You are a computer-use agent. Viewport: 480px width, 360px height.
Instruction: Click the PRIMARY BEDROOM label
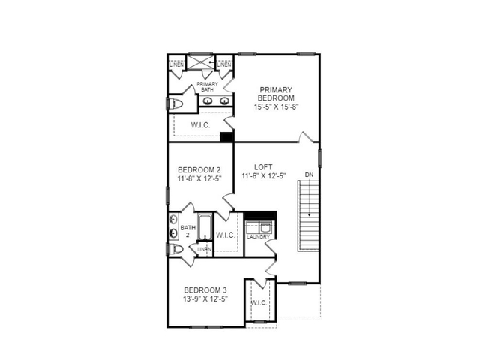tap(276, 92)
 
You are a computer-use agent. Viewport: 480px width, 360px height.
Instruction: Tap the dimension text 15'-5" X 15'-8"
tap(276, 106)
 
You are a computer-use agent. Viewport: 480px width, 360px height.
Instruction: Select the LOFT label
tap(263, 167)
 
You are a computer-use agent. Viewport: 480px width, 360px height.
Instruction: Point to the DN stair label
tap(309, 175)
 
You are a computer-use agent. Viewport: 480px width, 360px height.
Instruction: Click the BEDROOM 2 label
tap(199, 169)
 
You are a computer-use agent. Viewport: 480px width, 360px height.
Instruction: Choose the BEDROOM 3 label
tap(205, 289)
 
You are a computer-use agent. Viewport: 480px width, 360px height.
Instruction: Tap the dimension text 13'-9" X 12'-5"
tap(205, 298)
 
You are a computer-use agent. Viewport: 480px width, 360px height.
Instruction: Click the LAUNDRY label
tap(259, 237)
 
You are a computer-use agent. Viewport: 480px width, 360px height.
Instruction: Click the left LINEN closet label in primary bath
tap(176, 64)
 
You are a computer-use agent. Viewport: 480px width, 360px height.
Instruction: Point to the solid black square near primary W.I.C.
tap(226, 136)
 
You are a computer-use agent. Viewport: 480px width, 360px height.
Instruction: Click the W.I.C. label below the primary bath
tap(200, 124)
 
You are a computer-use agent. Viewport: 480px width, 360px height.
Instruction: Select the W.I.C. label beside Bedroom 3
tap(259, 302)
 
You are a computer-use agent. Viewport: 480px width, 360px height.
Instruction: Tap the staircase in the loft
tap(309, 217)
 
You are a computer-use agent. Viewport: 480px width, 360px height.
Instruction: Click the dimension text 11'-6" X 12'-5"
tap(265, 177)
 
